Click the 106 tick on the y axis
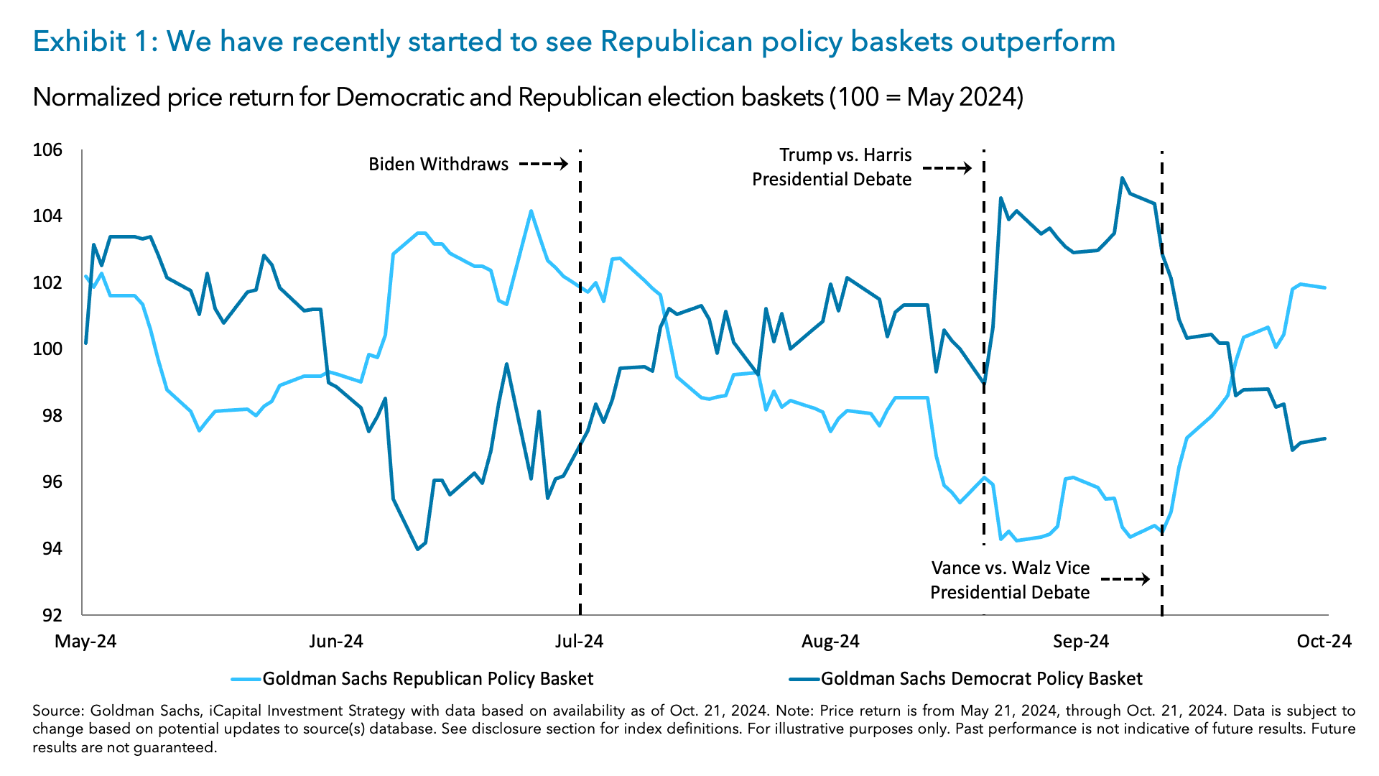pyautogui.click(x=47, y=150)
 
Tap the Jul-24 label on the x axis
pyautogui.click(x=579, y=641)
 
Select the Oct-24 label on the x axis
pyautogui.click(x=1324, y=641)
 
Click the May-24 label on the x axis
pyautogui.click(x=85, y=641)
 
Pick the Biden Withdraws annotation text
pyautogui.click(x=438, y=165)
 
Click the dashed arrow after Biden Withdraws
pyautogui.click(x=544, y=165)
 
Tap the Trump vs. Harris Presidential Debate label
pyautogui.click(x=832, y=167)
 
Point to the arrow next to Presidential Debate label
pyautogui.click(x=947, y=169)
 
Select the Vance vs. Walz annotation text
pyautogui.click(x=1010, y=580)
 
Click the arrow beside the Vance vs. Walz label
pyautogui.click(x=1125, y=579)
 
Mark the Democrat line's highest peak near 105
pyautogui.click(x=1122, y=178)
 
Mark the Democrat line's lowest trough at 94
pyautogui.click(x=418, y=549)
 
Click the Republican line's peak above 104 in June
pyautogui.click(x=531, y=211)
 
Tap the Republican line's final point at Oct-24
pyautogui.click(x=1324, y=288)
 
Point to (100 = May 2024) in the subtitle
pyautogui.click(x=927, y=97)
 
